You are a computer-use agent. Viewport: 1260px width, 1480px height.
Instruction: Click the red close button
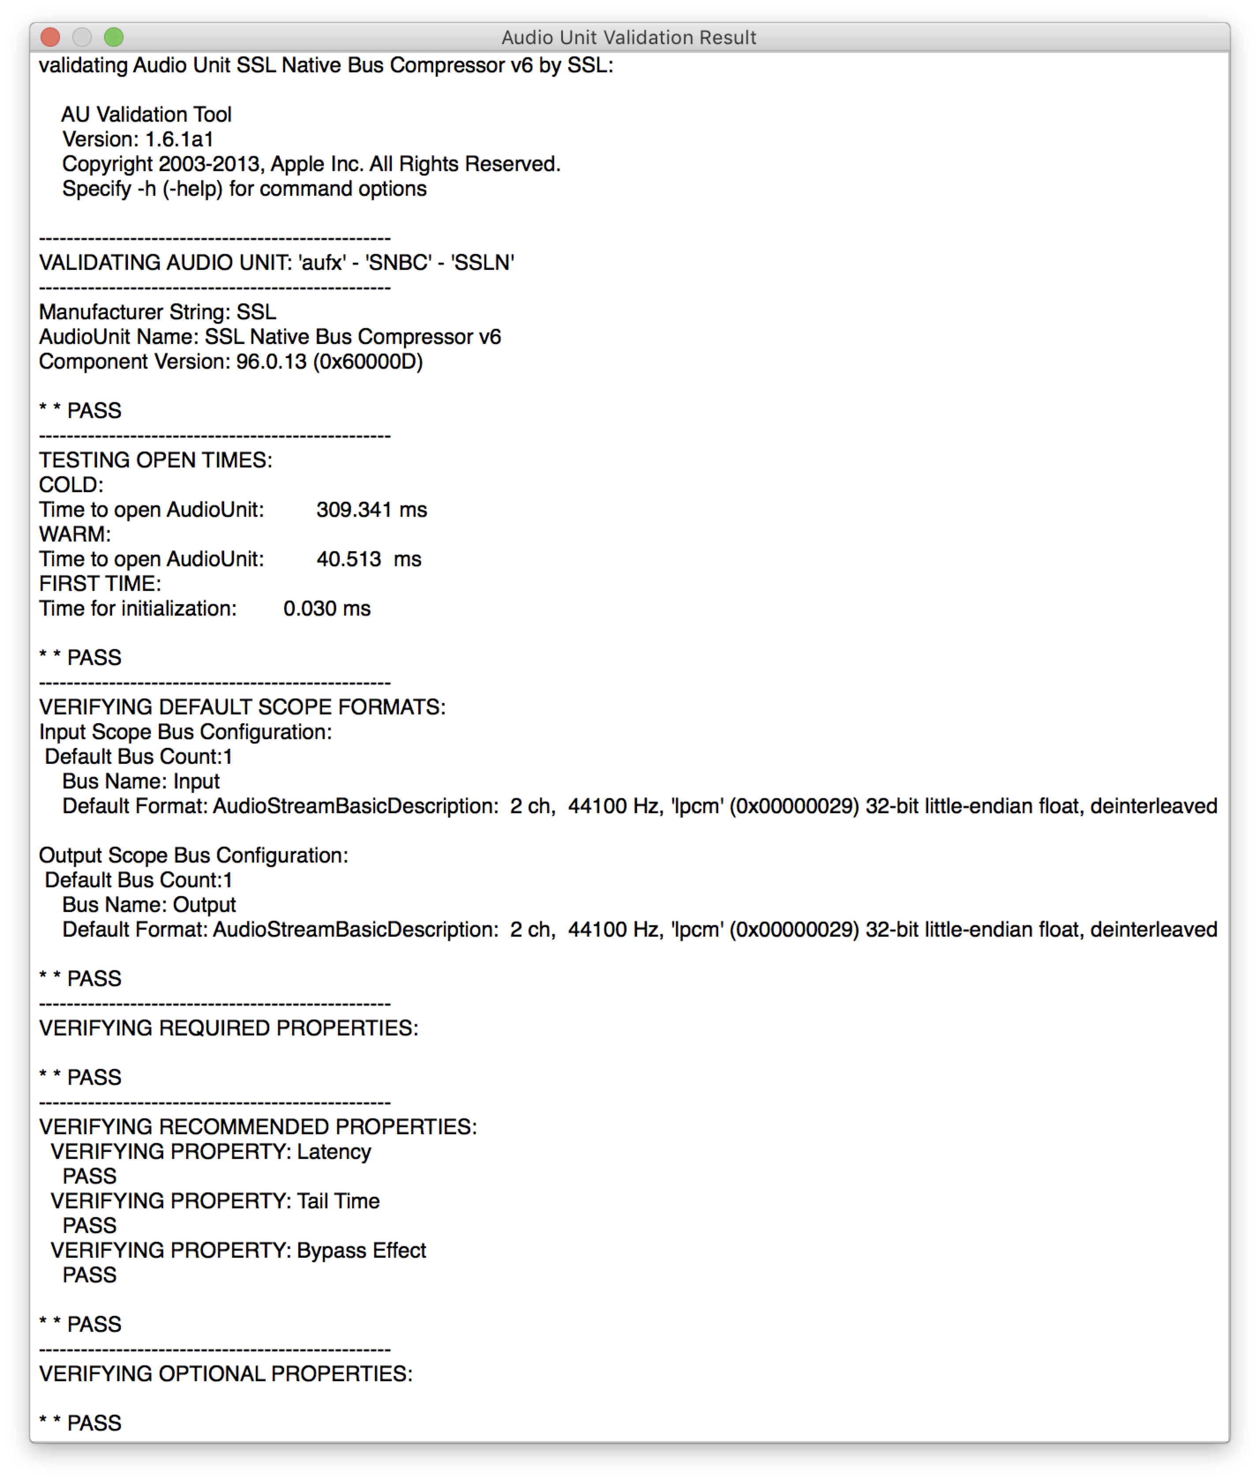(50, 37)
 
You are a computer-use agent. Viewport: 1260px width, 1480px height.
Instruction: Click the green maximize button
(113, 37)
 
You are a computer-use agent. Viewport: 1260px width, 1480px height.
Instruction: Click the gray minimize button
(82, 37)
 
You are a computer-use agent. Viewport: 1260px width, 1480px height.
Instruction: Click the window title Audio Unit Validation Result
(629, 37)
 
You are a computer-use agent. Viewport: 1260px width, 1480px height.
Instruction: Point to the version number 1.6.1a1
(179, 139)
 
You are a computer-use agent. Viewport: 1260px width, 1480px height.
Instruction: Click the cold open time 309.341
(353, 510)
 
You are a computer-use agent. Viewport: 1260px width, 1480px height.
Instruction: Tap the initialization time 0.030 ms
(326, 608)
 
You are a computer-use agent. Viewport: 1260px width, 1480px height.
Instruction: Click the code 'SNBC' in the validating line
(398, 263)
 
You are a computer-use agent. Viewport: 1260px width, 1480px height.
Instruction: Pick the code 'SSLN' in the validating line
(482, 263)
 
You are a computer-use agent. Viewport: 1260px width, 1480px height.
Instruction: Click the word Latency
(334, 1151)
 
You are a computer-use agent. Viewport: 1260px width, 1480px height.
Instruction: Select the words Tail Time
(338, 1201)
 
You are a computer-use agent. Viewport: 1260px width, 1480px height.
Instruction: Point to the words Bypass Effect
(361, 1250)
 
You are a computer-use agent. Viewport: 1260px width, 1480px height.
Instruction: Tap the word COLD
(70, 485)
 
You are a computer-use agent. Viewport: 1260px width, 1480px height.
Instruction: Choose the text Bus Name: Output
(149, 904)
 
